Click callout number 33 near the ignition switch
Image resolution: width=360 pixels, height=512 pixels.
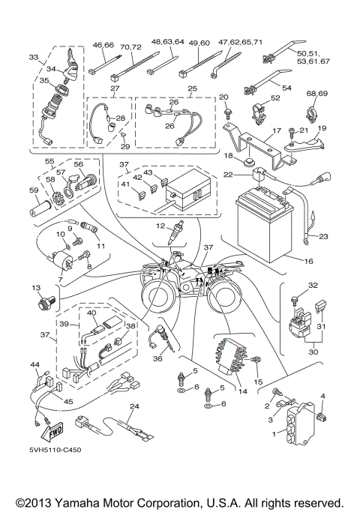click(34, 58)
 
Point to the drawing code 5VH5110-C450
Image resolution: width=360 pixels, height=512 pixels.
click(55, 450)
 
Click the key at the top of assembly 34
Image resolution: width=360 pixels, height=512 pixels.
click(72, 55)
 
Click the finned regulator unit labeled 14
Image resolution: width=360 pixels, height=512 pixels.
click(230, 356)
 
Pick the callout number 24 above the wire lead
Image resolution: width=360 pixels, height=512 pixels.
click(134, 406)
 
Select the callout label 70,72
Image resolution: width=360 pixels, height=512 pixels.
click(130, 47)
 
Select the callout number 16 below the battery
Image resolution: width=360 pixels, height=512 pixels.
click(308, 261)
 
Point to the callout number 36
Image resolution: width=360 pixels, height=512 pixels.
click(157, 359)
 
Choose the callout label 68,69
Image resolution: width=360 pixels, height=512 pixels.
click(317, 94)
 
